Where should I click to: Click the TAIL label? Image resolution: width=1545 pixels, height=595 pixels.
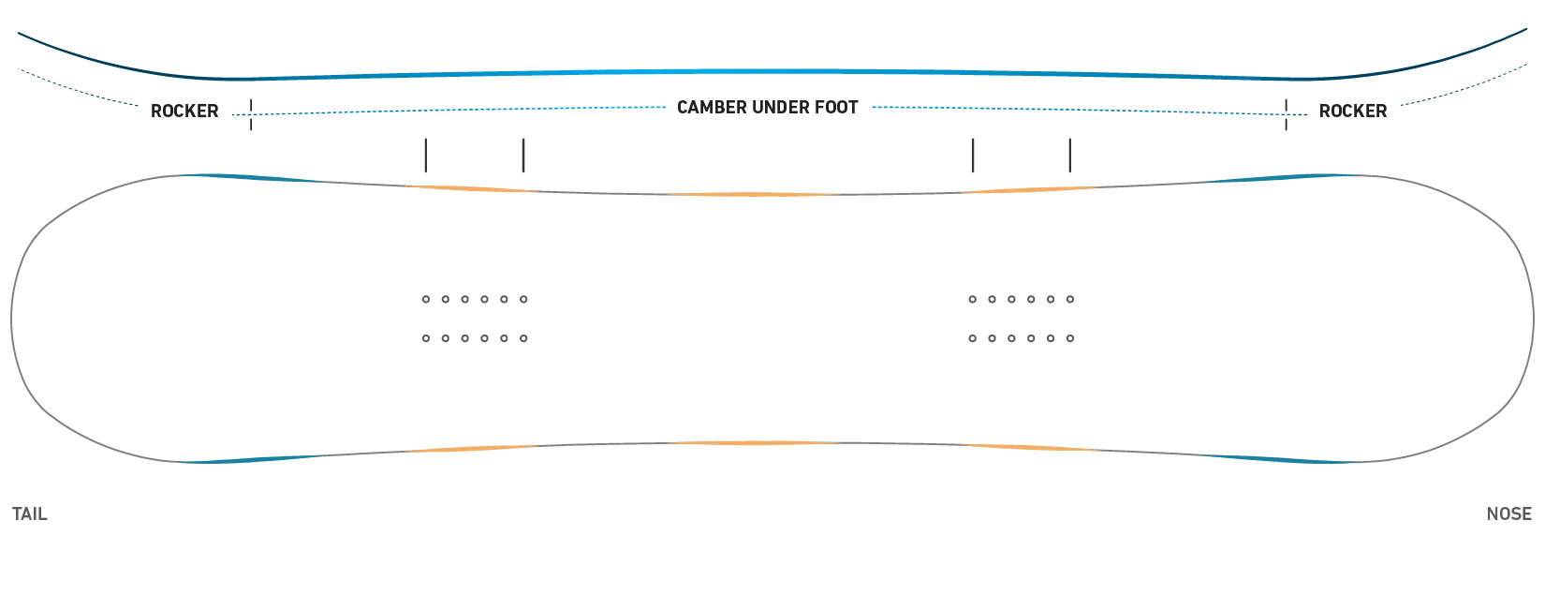click(30, 514)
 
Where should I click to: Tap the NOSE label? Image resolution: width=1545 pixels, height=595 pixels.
click(1509, 514)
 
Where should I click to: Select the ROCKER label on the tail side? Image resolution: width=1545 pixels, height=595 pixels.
click(184, 112)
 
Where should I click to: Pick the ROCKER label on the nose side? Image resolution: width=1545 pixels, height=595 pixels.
click(1352, 112)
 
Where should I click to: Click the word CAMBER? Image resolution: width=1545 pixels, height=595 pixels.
click(712, 108)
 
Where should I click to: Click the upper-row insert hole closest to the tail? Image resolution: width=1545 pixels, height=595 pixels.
click(426, 300)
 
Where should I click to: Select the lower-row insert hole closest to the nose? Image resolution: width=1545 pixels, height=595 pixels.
click(1070, 339)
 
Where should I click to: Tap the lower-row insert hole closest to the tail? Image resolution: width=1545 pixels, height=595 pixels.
click(426, 339)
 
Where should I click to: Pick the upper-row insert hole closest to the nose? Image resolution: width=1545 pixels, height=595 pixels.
click(1070, 300)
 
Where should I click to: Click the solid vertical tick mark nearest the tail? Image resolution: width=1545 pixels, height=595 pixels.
click(426, 156)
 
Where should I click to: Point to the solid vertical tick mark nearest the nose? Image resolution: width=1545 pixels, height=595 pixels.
click(1070, 156)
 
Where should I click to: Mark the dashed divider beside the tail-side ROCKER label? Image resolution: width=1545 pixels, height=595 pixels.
click(251, 114)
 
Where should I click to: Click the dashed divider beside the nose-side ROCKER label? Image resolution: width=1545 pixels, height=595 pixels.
click(1287, 114)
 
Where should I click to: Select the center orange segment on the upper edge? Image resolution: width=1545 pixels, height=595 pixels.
click(753, 195)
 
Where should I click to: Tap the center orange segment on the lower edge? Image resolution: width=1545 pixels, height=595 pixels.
click(753, 443)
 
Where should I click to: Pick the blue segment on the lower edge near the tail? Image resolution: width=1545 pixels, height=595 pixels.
click(256, 459)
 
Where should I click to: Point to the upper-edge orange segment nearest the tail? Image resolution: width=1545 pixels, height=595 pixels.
click(473, 188)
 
